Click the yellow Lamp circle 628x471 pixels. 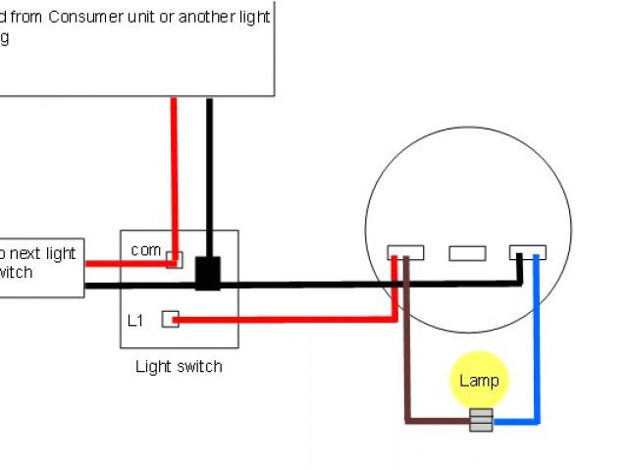coord(480,381)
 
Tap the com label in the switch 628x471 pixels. coord(145,250)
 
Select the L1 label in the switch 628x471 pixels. coord(136,320)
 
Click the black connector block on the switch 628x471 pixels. coord(208,274)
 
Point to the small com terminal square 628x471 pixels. coord(174,259)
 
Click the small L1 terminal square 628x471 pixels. coord(171,319)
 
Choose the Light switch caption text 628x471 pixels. coord(178,367)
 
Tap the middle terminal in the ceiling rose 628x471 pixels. coord(467,253)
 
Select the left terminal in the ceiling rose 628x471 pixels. coord(405,252)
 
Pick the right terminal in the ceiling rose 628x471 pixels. coord(527,252)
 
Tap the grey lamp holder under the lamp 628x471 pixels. coord(481,420)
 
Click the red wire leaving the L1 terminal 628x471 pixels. coord(285,319)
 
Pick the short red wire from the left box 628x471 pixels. coord(101,263)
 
